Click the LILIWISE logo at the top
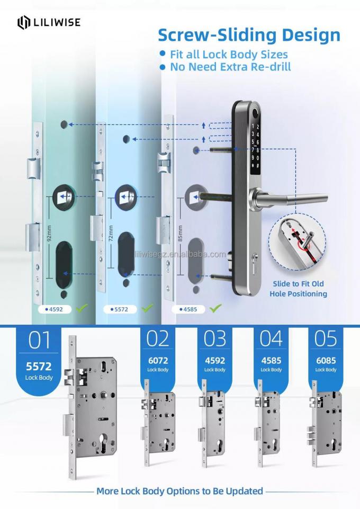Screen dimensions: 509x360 pos(49,22)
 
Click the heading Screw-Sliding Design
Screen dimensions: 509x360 pos(249,35)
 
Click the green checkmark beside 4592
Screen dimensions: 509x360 pos(81,307)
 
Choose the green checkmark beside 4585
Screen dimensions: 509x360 pos(215,307)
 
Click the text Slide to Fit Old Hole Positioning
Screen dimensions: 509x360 pos(298,289)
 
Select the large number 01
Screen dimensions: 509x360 pos(39,340)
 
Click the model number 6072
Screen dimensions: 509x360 pos(157,360)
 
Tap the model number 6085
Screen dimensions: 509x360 pos(326,360)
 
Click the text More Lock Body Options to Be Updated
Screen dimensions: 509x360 pos(179,491)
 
